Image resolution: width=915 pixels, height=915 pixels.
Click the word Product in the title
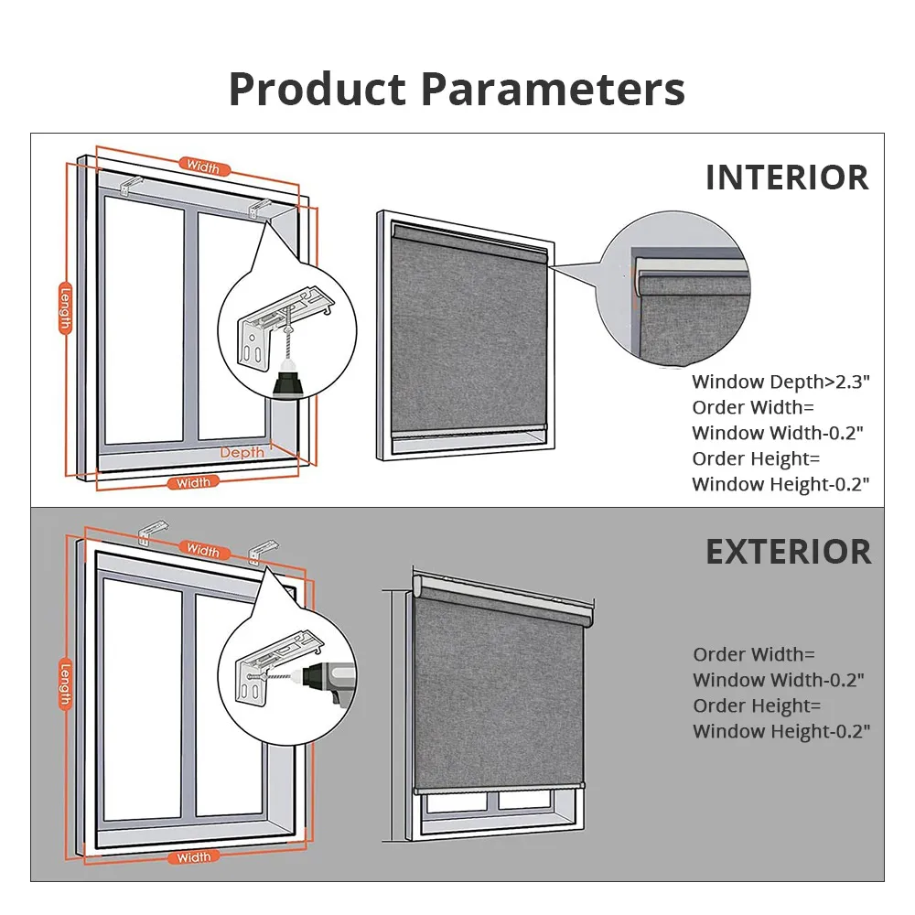[317, 89]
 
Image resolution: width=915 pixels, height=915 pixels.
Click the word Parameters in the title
[553, 89]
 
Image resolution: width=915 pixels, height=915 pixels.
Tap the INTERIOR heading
[787, 178]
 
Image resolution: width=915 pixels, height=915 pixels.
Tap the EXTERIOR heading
[789, 552]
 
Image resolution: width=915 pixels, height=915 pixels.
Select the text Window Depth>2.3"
[780, 382]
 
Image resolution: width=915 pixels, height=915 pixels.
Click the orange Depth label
[242, 452]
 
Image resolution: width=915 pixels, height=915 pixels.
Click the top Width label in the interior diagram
[203, 167]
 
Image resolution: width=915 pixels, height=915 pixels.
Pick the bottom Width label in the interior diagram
[193, 482]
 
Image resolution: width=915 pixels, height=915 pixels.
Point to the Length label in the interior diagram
[65, 308]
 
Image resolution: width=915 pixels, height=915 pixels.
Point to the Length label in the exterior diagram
[65, 684]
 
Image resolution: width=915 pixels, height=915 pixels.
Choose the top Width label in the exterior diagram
[203, 550]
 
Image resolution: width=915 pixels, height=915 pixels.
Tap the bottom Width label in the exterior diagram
[193, 857]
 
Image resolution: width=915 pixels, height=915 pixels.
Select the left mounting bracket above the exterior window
[152, 532]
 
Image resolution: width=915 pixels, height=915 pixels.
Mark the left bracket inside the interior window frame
[131, 185]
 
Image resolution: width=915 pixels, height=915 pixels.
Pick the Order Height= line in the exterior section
[757, 706]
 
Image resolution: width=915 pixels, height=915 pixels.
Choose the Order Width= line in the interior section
[753, 407]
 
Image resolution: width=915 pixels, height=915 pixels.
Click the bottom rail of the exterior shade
[499, 788]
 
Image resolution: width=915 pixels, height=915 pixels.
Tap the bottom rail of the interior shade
[468, 432]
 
